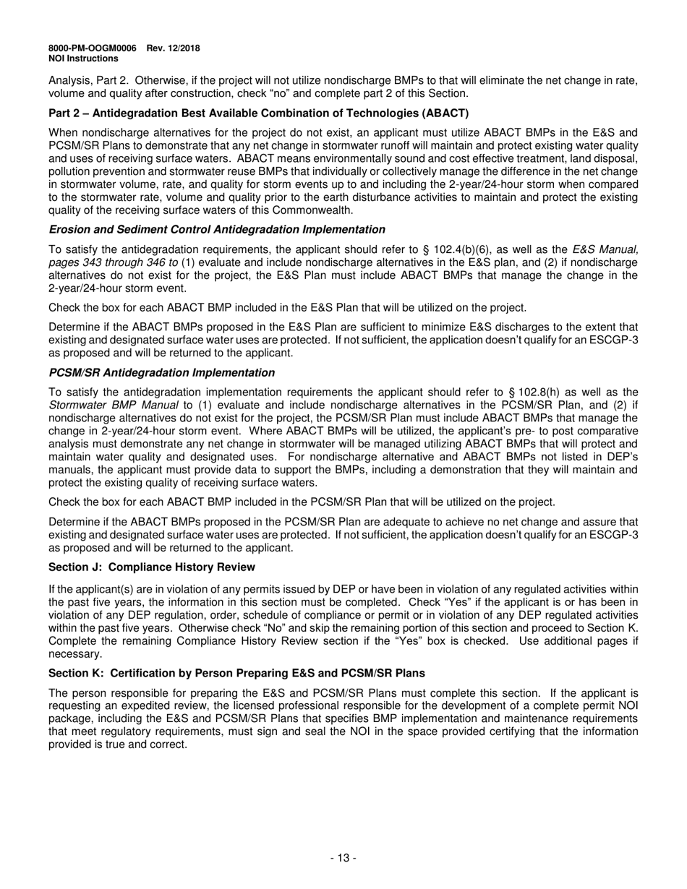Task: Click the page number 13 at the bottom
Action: point(343,858)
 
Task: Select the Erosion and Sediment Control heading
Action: point(216,229)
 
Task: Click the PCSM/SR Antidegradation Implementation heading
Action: point(161,372)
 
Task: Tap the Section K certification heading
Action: point(236,673)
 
